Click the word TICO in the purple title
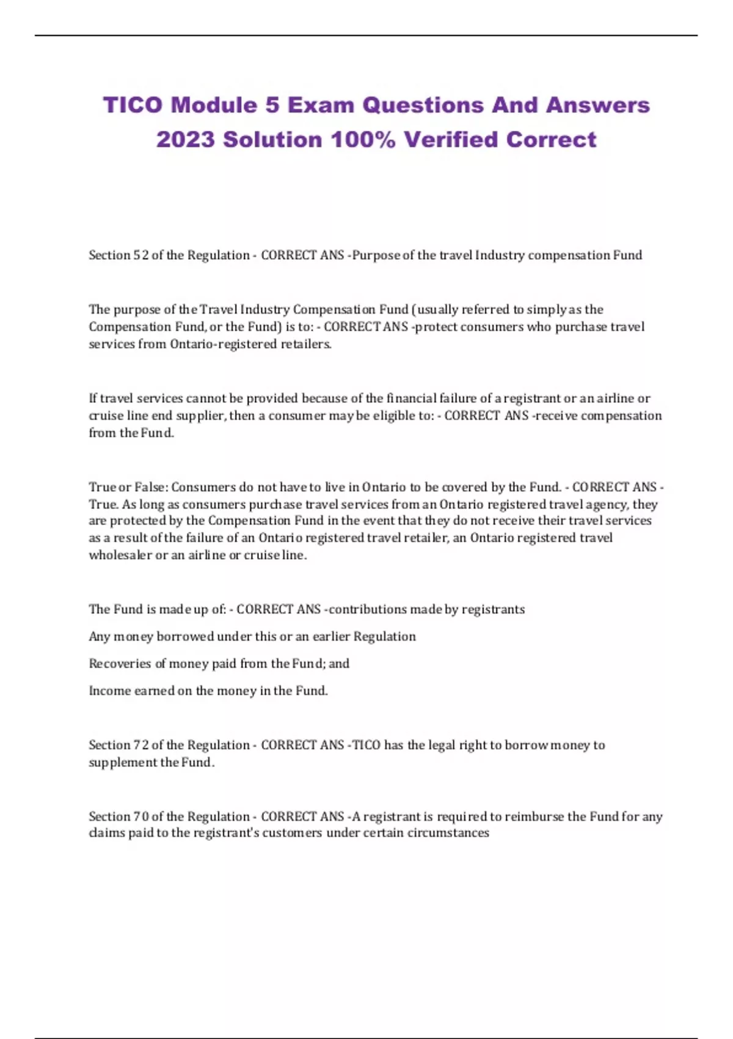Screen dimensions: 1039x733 (133, 105)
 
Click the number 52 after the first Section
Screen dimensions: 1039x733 (141, 255)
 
